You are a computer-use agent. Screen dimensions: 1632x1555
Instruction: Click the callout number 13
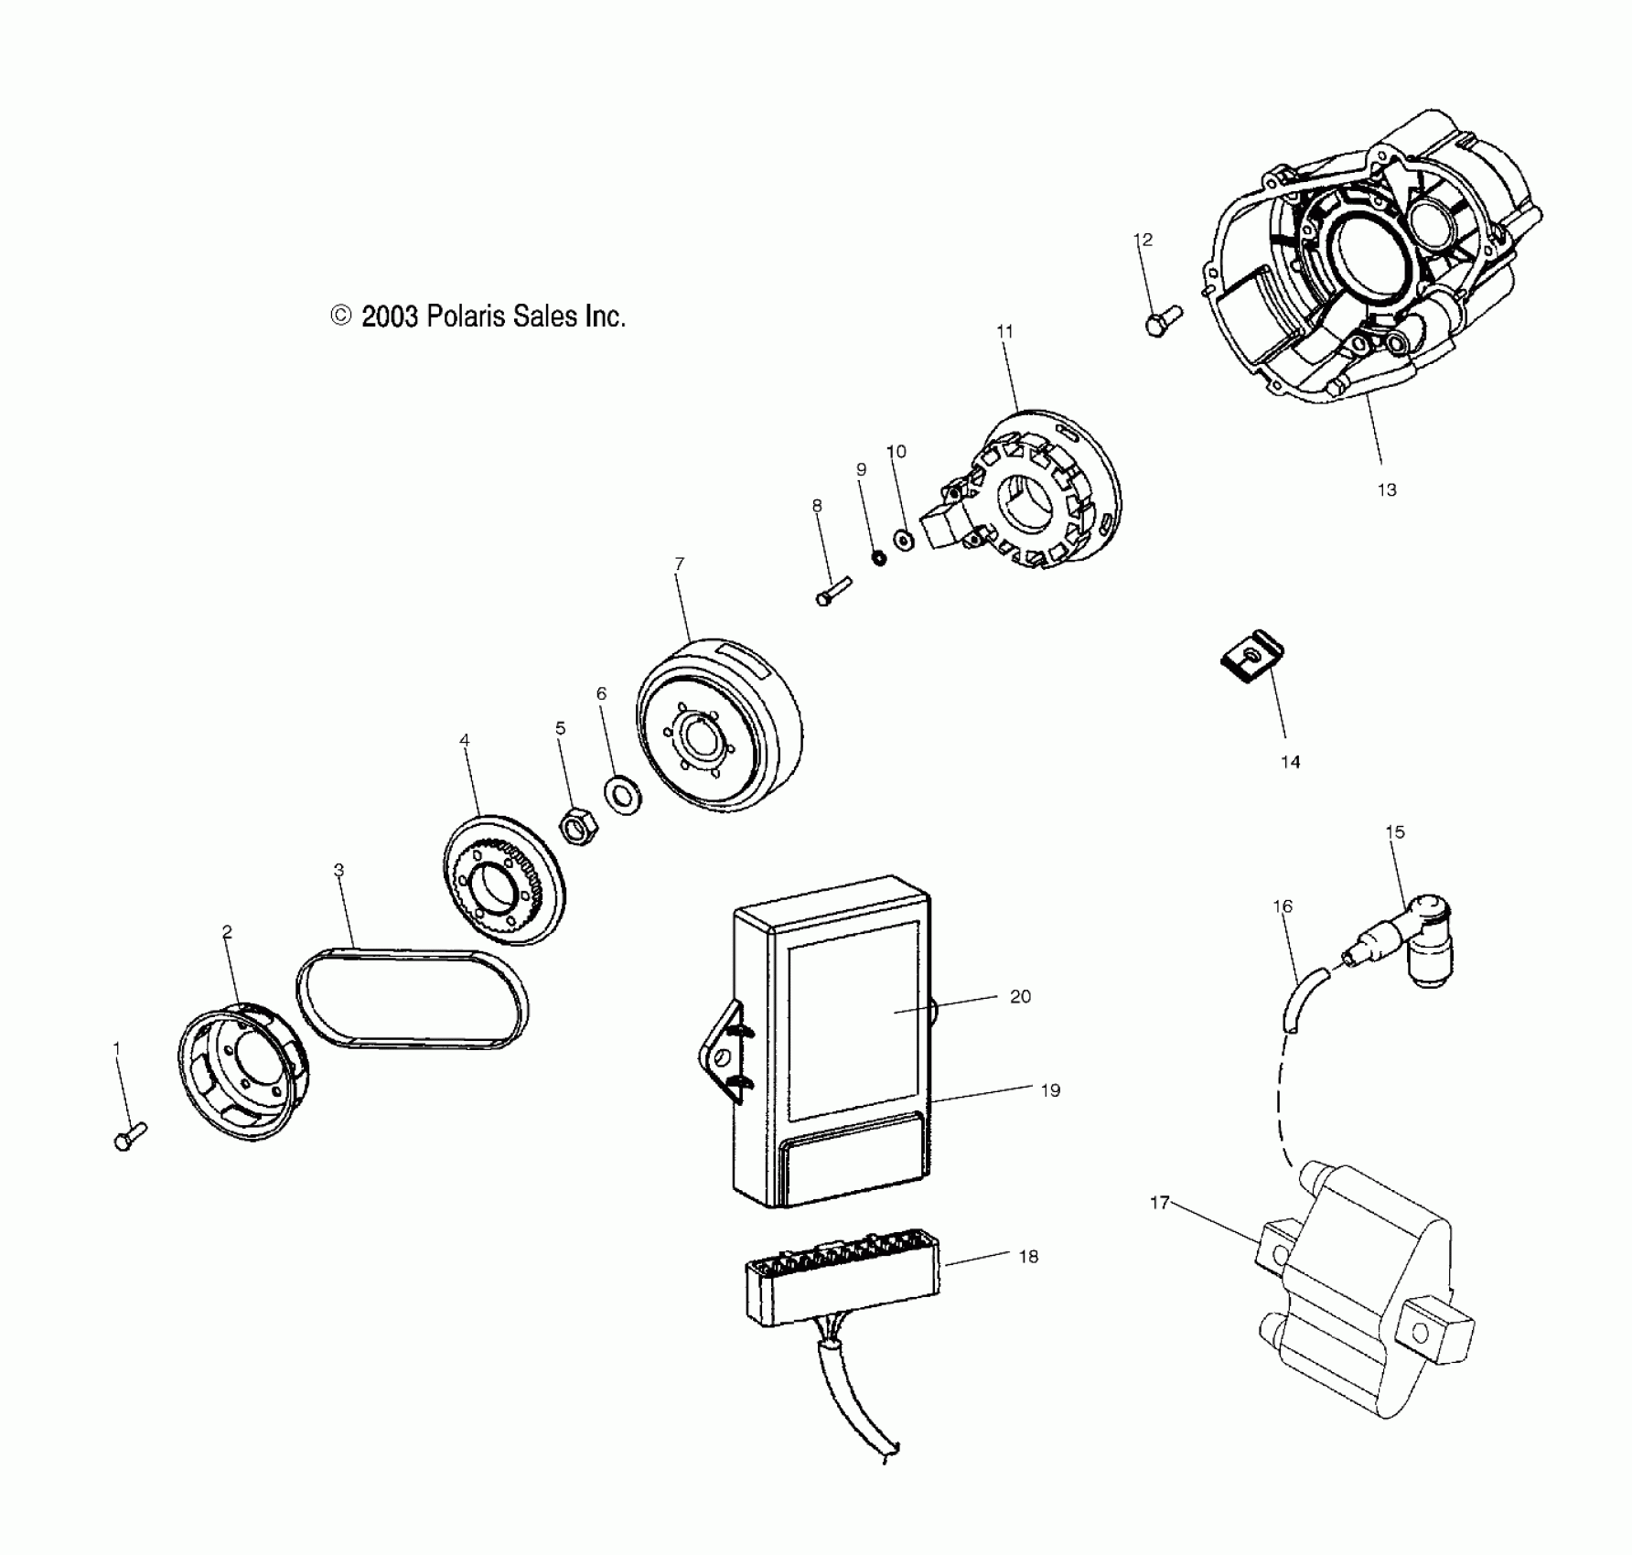point(1387,490)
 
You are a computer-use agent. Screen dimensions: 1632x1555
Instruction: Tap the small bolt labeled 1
point(130,1137)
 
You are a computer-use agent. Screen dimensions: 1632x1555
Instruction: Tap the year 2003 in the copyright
point(390,317)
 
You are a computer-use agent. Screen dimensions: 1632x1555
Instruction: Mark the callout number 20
point(1020,997)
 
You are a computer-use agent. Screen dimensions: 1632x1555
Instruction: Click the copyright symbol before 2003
point(340,316)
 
